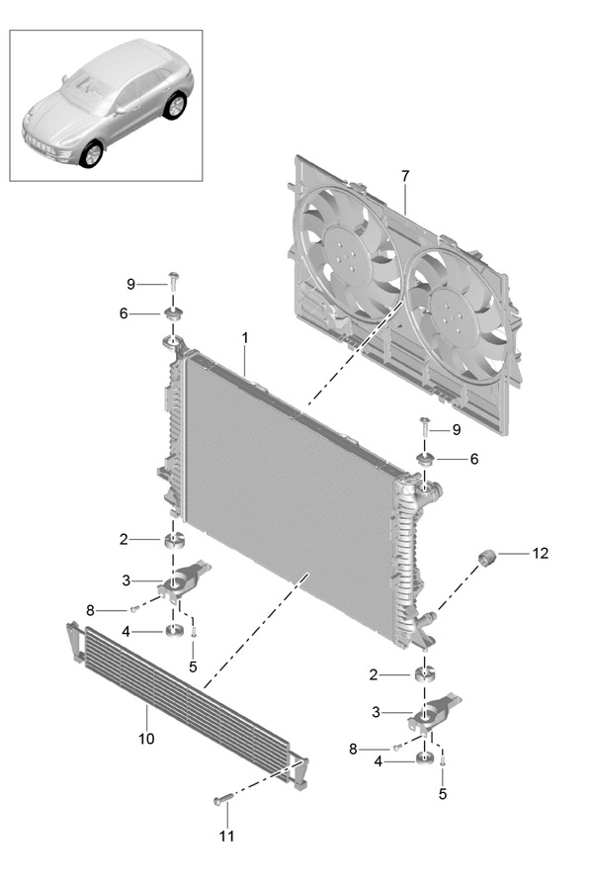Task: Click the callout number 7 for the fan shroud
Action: coord(404,177)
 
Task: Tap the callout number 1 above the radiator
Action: coord(245,338)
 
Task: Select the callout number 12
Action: coord(541,553)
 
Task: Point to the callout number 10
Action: coord(146,739)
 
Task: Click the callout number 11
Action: coord(226,836)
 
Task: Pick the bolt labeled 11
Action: coord(221,800)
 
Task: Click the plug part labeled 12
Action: coord(487,558)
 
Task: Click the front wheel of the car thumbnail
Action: coord(91,153)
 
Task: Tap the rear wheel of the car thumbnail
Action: coord(175,106)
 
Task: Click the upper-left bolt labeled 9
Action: coord(173,281)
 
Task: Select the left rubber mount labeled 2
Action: coord(174,540)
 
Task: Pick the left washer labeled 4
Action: coord(174,630)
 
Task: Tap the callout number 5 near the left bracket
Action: coord(193,667)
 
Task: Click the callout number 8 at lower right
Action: coord(353,750)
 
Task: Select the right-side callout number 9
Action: coord(457,430)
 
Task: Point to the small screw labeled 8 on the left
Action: coord(134,609)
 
